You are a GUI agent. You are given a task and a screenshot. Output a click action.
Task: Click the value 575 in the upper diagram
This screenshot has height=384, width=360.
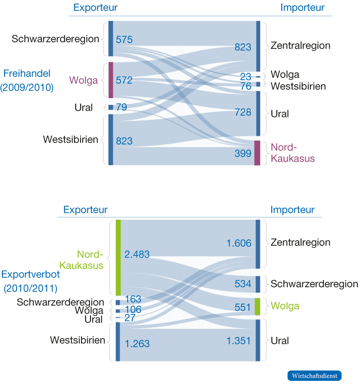124,40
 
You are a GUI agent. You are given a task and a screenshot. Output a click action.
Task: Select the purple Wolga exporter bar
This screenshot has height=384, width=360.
111,80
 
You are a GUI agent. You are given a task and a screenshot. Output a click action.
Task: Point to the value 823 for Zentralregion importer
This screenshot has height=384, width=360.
243,47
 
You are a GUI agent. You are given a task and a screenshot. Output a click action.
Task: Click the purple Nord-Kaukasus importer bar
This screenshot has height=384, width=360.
257,153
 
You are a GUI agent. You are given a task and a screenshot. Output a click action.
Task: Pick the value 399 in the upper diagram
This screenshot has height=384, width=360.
243,154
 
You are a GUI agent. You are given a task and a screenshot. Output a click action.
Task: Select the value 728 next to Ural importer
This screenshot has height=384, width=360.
243,112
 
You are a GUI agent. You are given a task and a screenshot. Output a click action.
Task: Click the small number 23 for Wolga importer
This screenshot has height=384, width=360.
246,77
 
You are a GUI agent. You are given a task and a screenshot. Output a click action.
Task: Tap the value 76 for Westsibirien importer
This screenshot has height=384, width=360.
246,86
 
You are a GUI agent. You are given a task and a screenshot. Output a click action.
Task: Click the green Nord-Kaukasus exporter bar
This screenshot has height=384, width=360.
118,257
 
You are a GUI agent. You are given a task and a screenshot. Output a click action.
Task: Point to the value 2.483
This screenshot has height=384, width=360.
137,255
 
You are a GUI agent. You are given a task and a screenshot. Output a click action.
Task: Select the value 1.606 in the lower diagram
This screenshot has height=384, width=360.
238,243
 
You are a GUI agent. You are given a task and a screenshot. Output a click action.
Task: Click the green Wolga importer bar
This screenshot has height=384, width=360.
258,306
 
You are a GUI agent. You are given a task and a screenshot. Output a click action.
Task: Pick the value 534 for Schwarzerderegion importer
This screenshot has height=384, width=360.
243,284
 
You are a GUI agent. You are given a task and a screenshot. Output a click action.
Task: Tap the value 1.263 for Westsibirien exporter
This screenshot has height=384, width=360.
137,344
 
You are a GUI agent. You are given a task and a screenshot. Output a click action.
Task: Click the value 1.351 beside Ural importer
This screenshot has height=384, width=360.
238,341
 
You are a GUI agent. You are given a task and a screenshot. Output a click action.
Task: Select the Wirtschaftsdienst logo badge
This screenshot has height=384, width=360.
315,375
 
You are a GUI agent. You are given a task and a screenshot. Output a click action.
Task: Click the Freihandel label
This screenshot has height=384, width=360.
27,72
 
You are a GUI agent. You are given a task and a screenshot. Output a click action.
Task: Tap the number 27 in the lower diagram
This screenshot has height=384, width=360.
130,318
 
